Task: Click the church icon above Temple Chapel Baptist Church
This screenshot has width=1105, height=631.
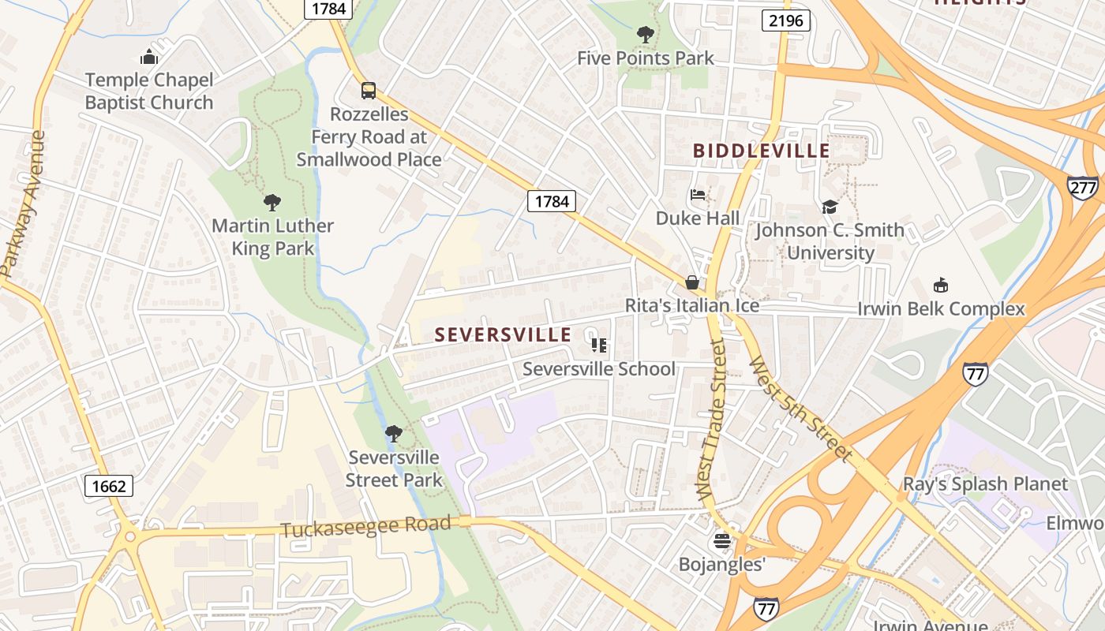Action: pyautogui.click(x=149, y=57)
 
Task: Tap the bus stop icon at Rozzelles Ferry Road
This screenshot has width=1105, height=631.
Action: pyautogui.click(x=368, y=90)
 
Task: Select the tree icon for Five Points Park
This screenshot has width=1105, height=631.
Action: pyautogui.click(x=645, y=35)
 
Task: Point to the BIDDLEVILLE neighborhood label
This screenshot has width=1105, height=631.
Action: pyautogui.click(x=761, y=151)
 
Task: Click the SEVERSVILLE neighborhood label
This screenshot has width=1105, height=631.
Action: pyautogui.click(x=503, y=334)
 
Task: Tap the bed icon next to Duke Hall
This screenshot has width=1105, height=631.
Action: pyautogui.click(x=697, y=195)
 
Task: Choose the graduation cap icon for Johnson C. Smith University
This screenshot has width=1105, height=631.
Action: pyautogui.click(x=829, y=207)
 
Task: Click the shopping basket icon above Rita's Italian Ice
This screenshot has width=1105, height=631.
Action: pyautogui.click(x=692, y=282)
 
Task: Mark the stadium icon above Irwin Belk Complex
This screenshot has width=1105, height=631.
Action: pyautogui.click(x=940, y=285)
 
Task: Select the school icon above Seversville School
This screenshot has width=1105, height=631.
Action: pyautogui.click(x=599, y=345)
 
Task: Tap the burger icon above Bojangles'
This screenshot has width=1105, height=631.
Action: pyautogui.click(x=721, y=541)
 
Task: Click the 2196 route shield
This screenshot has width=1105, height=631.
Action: pyautogui.click(x=786, y=21)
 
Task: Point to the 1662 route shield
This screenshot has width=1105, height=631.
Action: pyautogui.click(x=108, y=486)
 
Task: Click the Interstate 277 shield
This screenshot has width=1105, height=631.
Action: pyautogui.click(x=1082, y=187)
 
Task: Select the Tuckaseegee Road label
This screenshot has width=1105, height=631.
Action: pyautogui.click(x=365, y=527)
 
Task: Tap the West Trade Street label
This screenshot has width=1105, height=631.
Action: pyautogui.click(x=712, y=418)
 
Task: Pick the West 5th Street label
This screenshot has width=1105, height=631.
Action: pyautogui.click(x=800, y=409)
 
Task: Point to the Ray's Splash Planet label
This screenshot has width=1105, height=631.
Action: pyautogui.click(x=985, y=484)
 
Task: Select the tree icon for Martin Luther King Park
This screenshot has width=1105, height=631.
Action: pyautogui.click(x=272, y=203)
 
